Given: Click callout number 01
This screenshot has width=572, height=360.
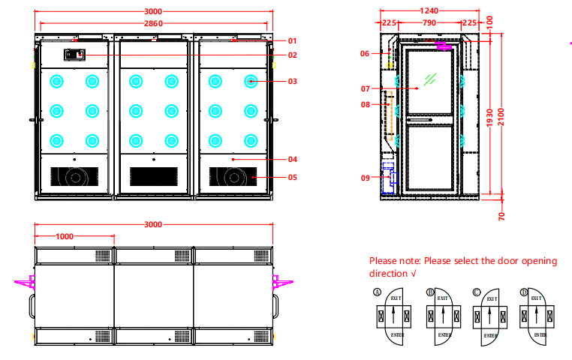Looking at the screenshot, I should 292,40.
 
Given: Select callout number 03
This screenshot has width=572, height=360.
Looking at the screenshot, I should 292,81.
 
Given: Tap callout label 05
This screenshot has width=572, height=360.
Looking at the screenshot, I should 292,178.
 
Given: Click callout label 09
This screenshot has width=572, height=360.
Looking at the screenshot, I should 365,178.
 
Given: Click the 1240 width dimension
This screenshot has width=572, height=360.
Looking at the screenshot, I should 429,11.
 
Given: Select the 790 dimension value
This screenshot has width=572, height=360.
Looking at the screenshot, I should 429,23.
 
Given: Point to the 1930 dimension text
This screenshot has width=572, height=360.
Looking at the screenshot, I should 489,117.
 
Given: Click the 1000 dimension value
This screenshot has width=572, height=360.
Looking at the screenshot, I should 65,236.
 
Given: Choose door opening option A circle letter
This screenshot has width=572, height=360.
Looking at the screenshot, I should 377,292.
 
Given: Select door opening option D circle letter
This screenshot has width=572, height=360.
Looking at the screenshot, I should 524,292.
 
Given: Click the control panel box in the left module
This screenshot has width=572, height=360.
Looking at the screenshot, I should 74,54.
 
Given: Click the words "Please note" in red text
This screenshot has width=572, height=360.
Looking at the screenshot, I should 393,261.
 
